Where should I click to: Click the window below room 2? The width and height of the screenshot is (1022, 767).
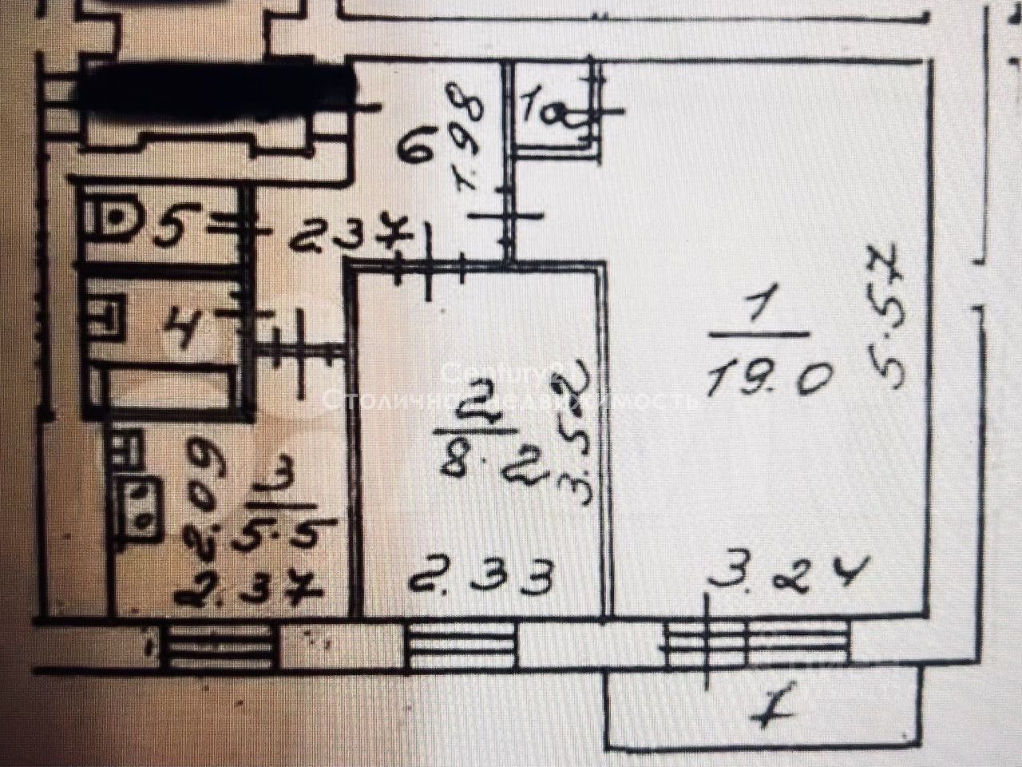(461, 646)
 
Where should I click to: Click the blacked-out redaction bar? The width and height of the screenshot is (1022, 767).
(216, 88)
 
